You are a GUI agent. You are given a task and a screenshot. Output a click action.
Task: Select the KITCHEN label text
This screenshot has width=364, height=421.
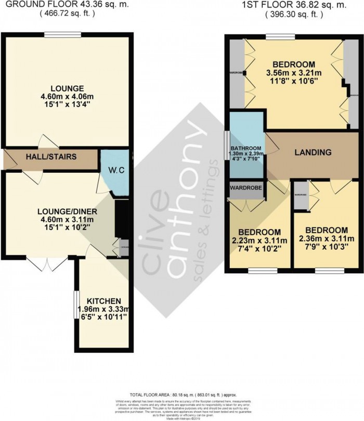point(104,301)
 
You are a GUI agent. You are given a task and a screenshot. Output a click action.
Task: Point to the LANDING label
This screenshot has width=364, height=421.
point(313,152)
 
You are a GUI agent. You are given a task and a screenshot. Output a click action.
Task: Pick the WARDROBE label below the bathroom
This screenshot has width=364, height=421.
point(246,186)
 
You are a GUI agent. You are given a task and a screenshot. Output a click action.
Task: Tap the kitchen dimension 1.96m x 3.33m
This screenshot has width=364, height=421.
point(104,309)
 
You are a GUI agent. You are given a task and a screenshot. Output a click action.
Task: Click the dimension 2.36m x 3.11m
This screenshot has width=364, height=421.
point(326,239)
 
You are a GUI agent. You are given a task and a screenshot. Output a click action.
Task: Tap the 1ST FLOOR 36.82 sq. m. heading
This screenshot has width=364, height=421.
point(294,5)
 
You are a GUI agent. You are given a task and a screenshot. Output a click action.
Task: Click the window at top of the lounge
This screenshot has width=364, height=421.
point(62,35)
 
